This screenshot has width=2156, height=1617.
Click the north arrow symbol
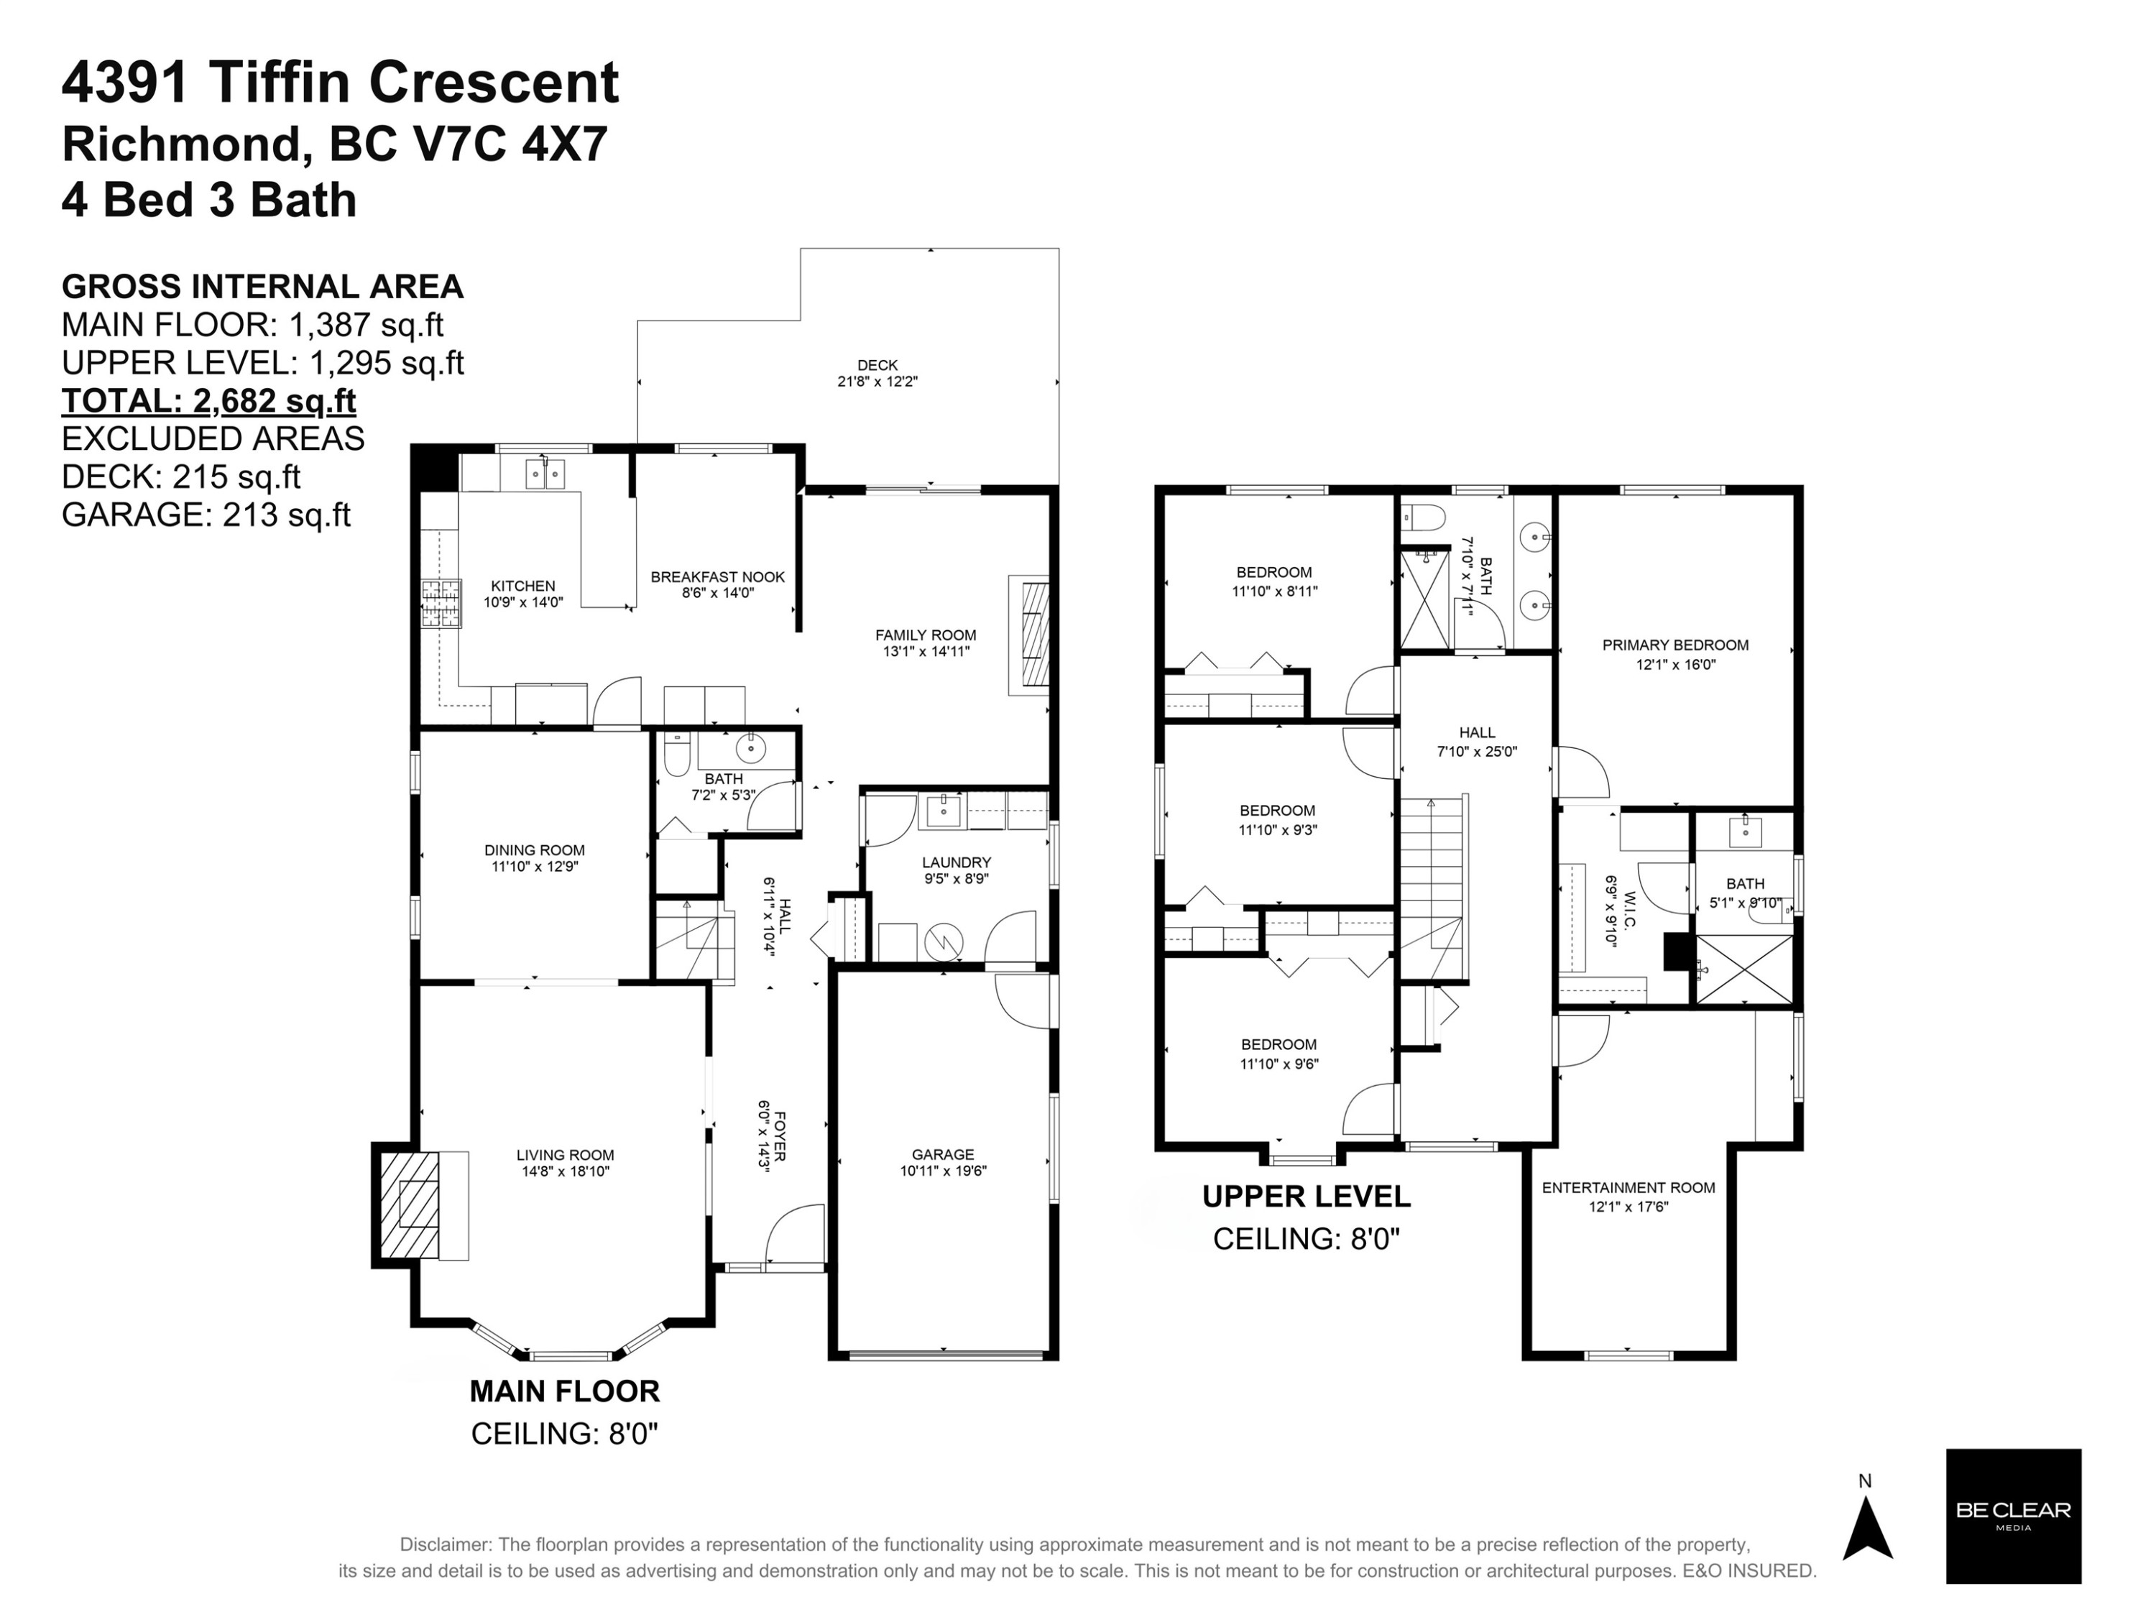(1866, 1527)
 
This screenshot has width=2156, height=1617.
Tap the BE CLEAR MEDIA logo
(2013, 1516)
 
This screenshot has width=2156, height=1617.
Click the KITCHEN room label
(523, 586)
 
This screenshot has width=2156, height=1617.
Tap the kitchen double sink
(545, 474)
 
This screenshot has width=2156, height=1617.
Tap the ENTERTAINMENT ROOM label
(1628, 1187)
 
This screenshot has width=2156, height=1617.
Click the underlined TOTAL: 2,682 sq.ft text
(208, 400)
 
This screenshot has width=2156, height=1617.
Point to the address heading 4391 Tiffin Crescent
(340, 82)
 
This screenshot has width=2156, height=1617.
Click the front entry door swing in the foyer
(794, 1233)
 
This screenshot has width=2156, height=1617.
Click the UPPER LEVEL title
(1306, 1196)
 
